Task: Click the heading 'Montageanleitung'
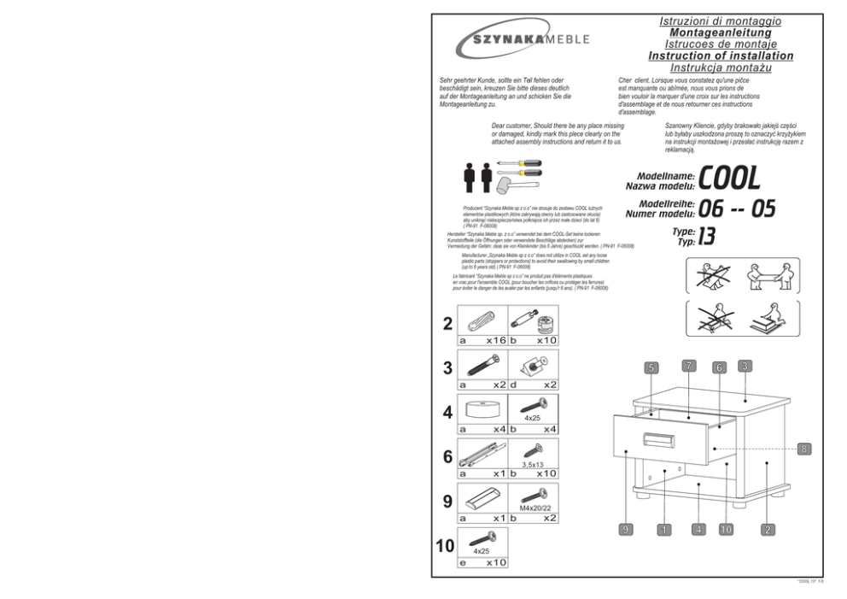(x=721, y=32)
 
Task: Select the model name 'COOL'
(x=728, y=179)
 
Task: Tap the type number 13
(x=707, y=235)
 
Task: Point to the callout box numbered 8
(x=804, y=449)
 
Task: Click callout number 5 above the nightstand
(x=651, y=368)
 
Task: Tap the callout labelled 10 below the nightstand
(x=726, y=530)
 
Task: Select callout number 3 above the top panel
(x=745, y=367)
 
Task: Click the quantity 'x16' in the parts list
(x=496, y=340)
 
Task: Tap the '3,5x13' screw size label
(x=533, y=463)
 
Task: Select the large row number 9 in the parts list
(x=447, y=501)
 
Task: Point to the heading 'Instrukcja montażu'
(x=721, y=68)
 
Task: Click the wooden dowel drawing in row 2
(x=482, y=320)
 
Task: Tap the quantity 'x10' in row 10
(x=496, y=563)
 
